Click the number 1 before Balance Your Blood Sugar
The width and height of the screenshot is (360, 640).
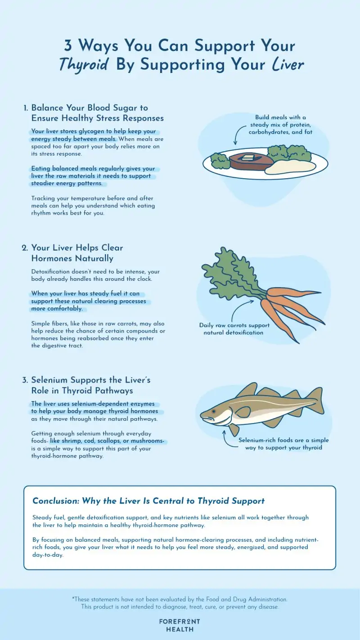click(26, 108)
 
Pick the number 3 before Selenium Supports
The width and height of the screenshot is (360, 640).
click(25, 380)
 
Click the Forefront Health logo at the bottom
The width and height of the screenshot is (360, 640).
click(180, 625)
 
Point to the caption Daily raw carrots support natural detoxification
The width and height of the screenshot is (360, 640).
click(234, 329)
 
